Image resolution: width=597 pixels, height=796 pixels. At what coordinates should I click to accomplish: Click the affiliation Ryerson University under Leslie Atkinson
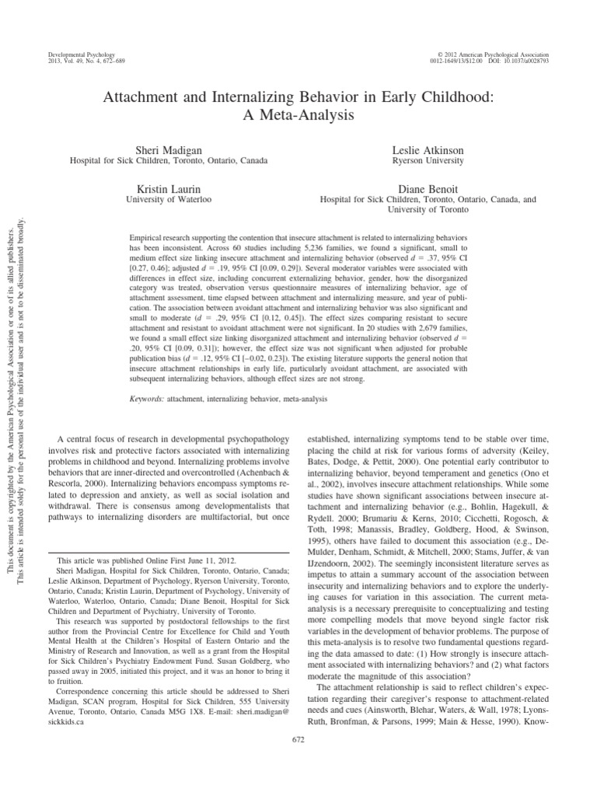(x=428, y=160)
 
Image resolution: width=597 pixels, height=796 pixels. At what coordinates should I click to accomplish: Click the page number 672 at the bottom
(x=298, y=760)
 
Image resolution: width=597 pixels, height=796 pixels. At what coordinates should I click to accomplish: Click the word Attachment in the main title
(x=138, y=98)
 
